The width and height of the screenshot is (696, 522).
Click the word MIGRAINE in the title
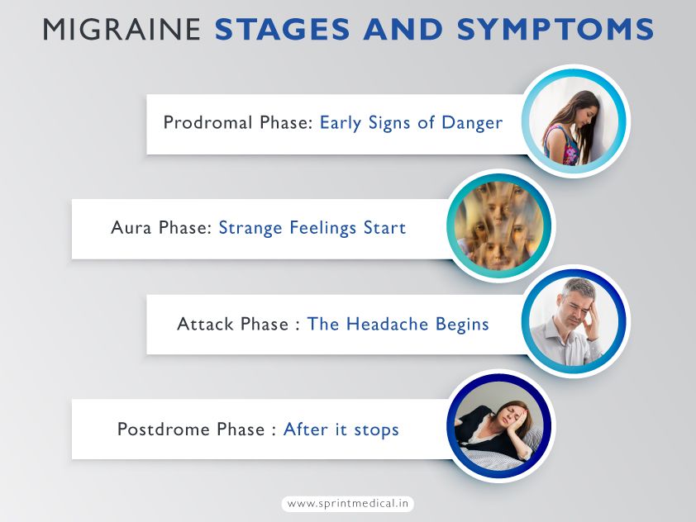tap(123, 29)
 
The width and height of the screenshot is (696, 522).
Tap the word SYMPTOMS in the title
tap(565, 29)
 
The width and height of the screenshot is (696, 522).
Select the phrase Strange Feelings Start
tap(312, 227)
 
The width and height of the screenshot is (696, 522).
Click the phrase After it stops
tap(341, 429)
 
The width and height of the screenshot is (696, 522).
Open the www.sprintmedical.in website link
tap(348, 503)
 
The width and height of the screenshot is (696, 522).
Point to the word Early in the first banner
tap(340, 123)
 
